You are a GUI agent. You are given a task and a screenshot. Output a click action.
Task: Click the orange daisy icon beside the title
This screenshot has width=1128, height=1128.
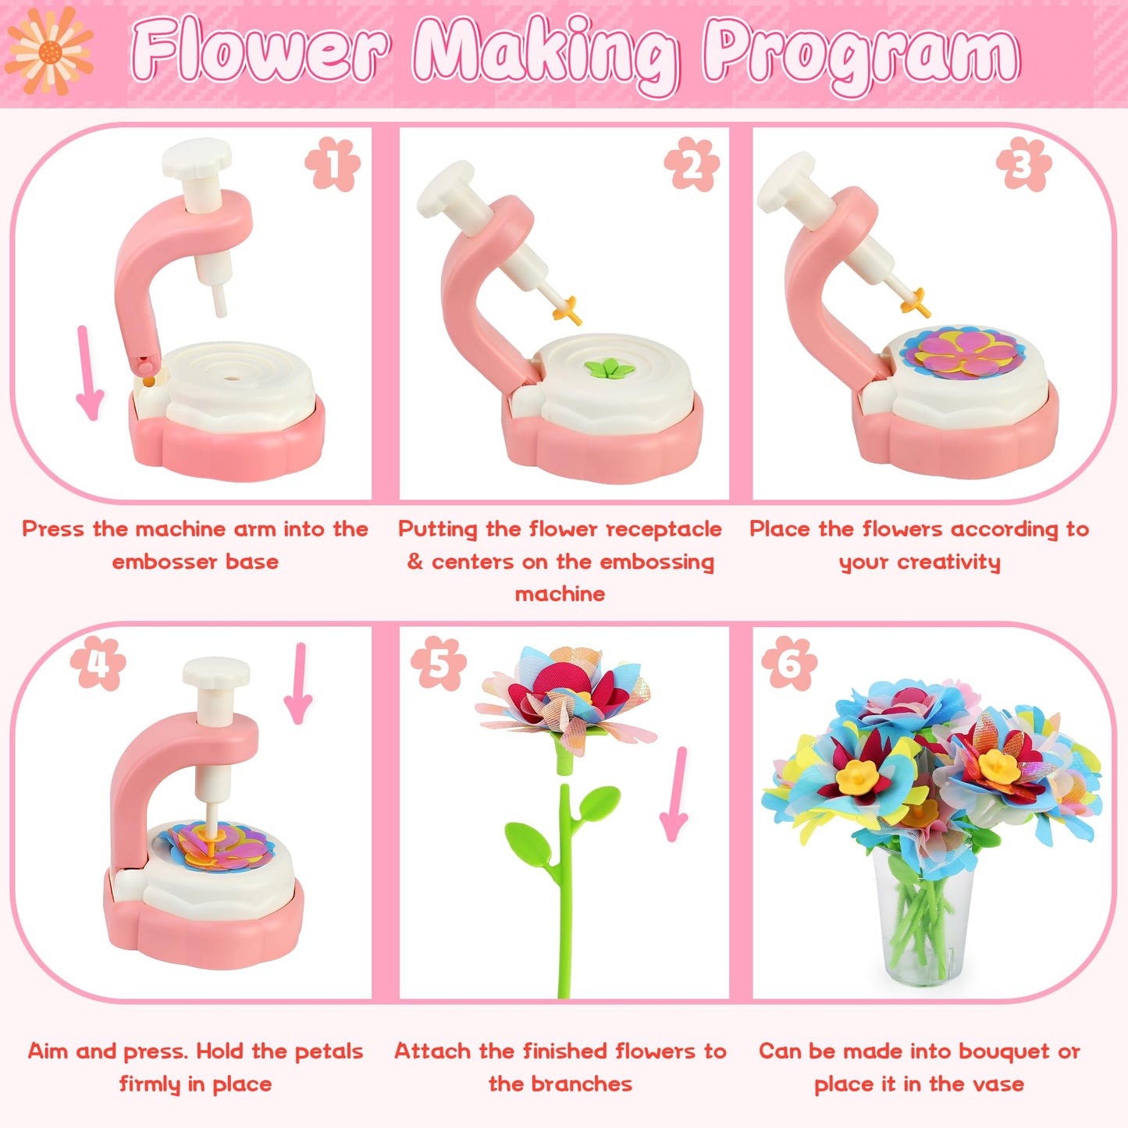click(x=49, y=51)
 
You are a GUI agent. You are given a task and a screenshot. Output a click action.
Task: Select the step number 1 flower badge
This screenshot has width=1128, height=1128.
click(x=333, y=165)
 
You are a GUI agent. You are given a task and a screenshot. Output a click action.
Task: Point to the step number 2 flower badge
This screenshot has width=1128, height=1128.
click(x=692, y=165)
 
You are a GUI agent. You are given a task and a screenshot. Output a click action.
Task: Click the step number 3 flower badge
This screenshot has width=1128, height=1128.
click(x=1023, y=165)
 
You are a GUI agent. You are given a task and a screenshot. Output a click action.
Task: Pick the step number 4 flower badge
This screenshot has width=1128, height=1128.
click(x=98, y=664)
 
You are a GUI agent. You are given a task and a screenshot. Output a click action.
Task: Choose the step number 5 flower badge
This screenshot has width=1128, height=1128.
click(x=439, y=664)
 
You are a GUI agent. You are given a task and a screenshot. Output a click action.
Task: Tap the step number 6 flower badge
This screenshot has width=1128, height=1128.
click(x=789, y=664)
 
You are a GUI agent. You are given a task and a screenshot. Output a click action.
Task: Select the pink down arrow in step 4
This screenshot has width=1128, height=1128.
click(x=298, y=684)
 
